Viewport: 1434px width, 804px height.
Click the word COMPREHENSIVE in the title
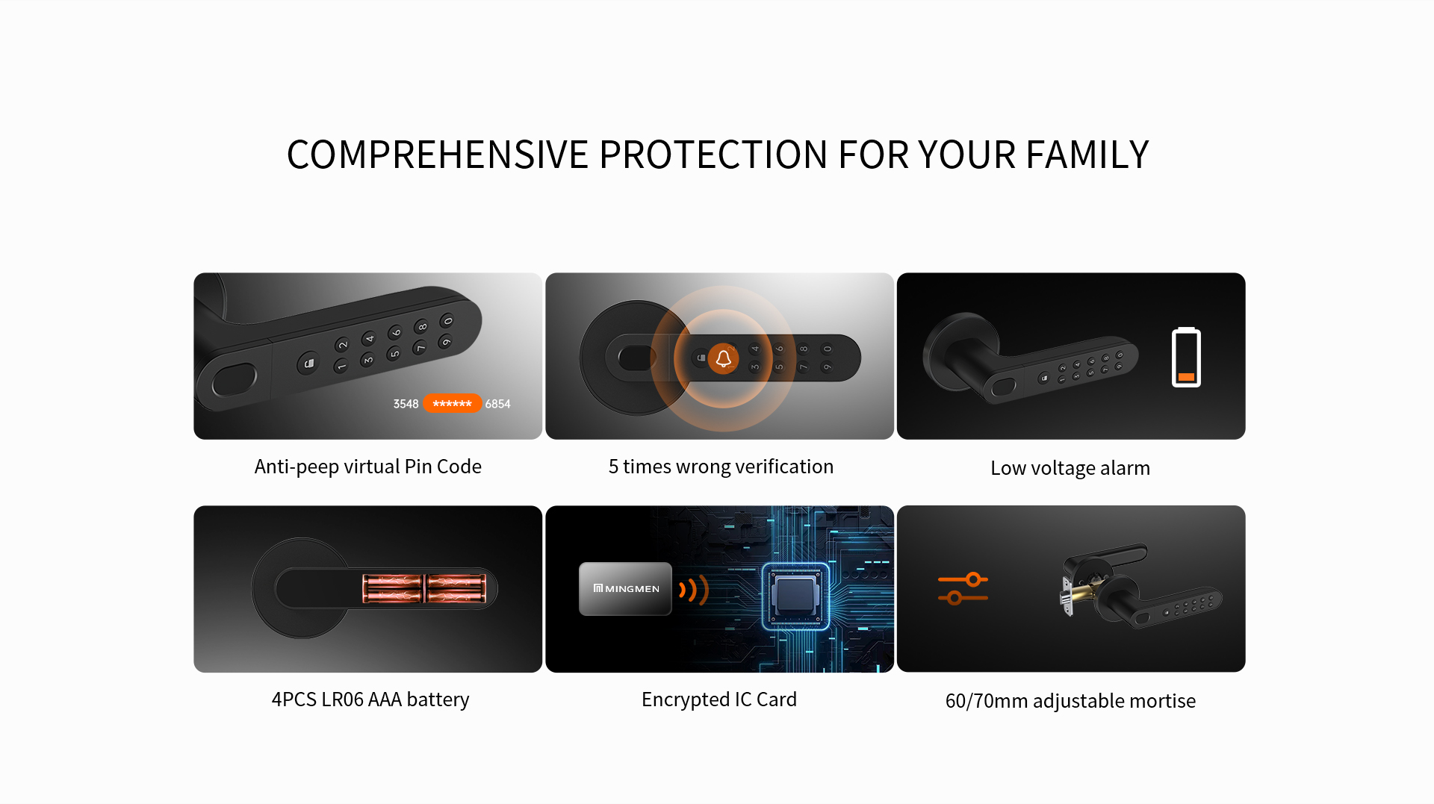click(x=438, y=155)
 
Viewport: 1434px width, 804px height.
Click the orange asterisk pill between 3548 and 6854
click(x=452, y=404)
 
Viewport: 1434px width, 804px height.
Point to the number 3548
click(x=406, y=404)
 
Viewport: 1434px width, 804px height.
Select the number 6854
click(x=497, y=404)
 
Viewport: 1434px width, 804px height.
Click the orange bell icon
click(x=723, y=359)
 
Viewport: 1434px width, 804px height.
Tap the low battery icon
click(x=1186, y=357)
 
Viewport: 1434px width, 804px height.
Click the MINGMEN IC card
click(x=625, y=589)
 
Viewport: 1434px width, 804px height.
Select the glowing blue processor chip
click(x=795, y=596)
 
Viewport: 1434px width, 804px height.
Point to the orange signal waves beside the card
click(x=693, y=590)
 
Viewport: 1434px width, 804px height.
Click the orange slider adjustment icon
click(x=963, y=588)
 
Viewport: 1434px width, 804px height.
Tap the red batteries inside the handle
click(x=424, y=588)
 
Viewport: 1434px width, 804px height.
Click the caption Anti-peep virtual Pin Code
click(x=368, y=467)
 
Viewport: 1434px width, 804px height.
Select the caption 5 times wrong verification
click(x=721, y=467)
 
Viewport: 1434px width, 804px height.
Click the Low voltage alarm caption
click(x=1070, y=468)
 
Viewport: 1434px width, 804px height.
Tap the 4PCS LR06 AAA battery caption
click(x=370, y=699)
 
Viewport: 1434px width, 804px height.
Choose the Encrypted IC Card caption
click(x=719, y=699)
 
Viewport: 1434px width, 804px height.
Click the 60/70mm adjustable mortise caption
click(x=1070, y=701)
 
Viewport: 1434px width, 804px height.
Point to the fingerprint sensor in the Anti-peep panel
click(x=235, y=381)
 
